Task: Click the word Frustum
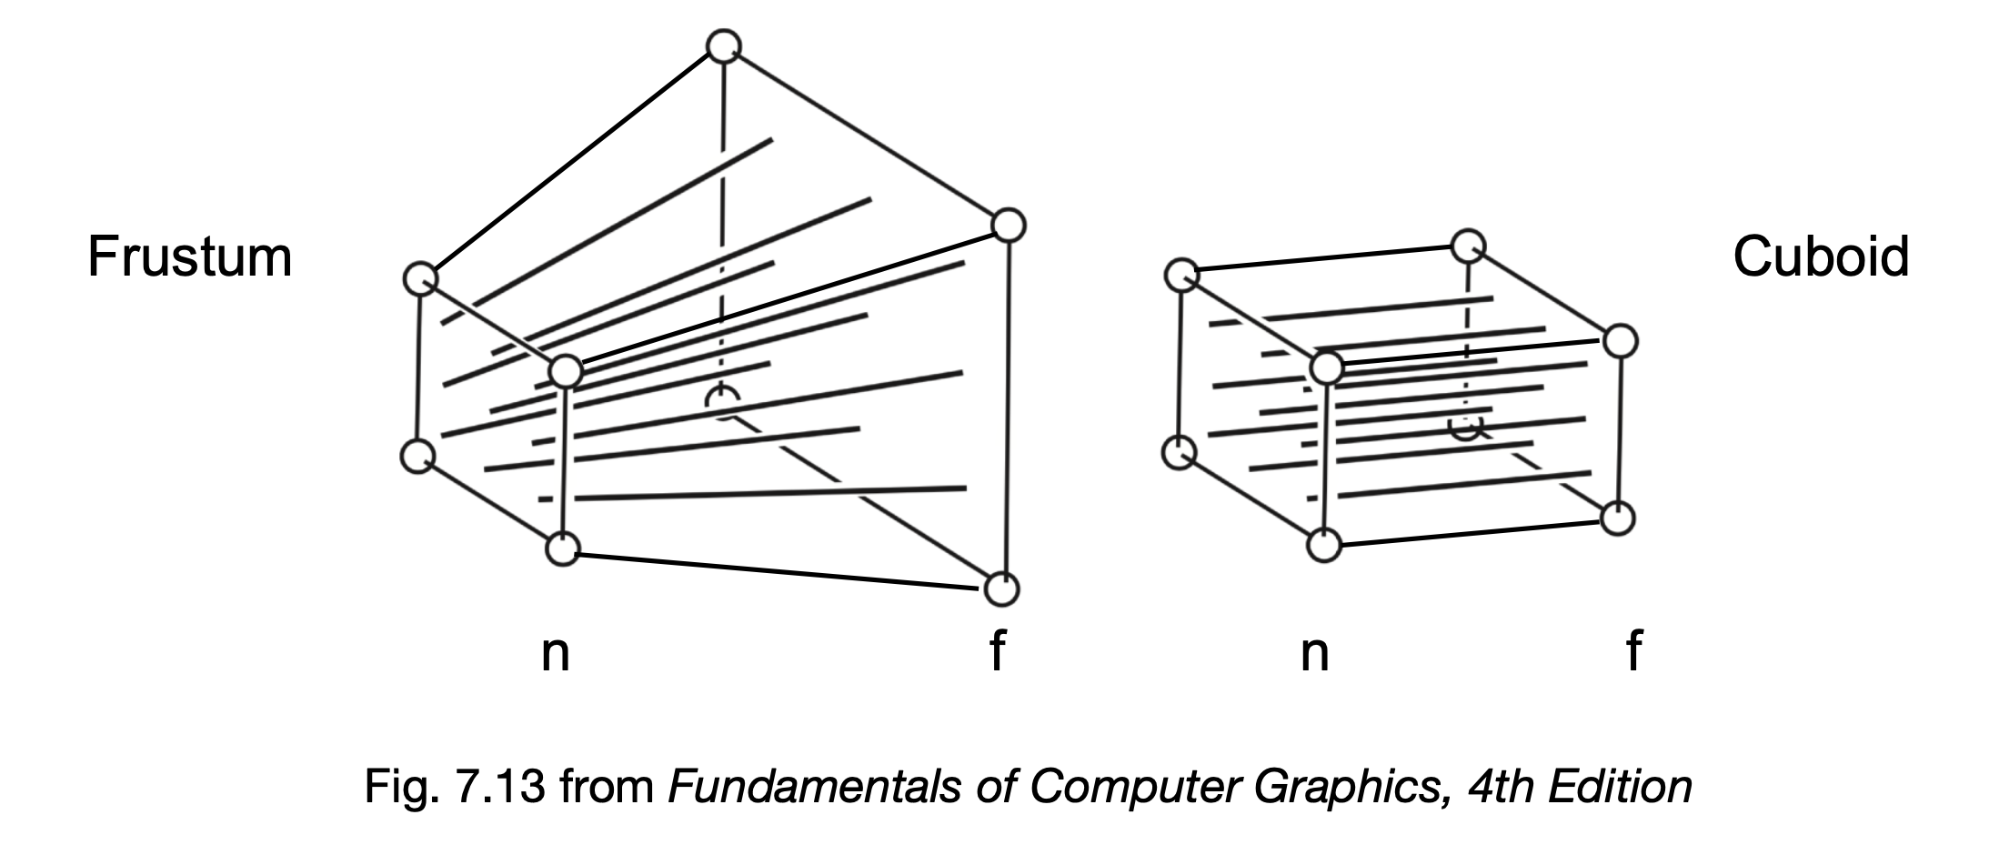[189, 257]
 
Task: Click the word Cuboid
[1820, 257]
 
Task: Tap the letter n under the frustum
[555, 652]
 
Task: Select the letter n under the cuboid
[1315, 652]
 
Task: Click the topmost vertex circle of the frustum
[724, 46]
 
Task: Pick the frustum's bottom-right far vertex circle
[1001, 589]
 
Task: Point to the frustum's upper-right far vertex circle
[1008, 225]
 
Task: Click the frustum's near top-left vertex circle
[420, 278]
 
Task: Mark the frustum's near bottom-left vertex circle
[418, 456]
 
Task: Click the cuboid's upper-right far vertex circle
[1620, 341]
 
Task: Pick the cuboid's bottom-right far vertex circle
[1618, 518]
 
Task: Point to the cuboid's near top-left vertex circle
[1181, 275]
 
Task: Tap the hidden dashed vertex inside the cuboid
[1466, 426]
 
